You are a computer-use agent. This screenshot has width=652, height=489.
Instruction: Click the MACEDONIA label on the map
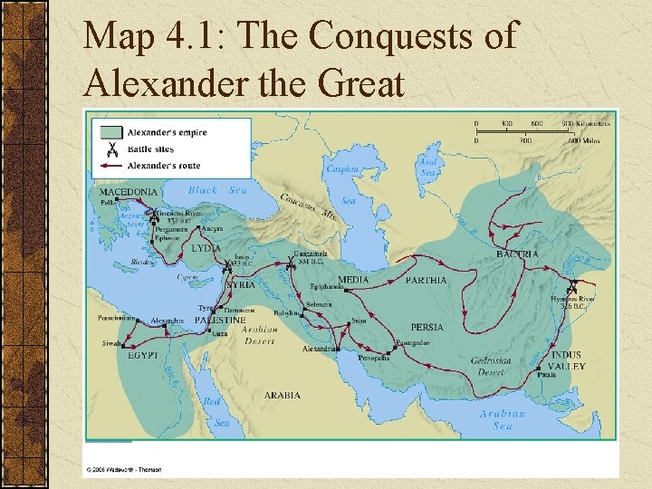pos(127,192)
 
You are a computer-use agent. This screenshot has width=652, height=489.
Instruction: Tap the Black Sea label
pos(217,190)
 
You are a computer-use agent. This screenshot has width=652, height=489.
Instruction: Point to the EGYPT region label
pos(142,356)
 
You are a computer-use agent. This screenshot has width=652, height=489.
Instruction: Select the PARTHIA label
pos(426,281)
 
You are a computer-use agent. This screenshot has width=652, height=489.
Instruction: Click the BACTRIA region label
pos(517,254)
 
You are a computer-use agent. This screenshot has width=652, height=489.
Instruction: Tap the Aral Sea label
pos(428,168)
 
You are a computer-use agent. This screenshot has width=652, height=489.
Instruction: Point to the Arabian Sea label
pos(496,419)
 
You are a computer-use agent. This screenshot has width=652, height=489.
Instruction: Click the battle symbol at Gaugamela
pos(291,264)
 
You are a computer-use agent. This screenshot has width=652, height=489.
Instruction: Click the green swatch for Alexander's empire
pos(111,133)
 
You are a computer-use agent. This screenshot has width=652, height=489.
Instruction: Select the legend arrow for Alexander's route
pos(111,167)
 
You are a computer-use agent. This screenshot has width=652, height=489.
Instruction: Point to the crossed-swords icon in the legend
pos(111,149)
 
